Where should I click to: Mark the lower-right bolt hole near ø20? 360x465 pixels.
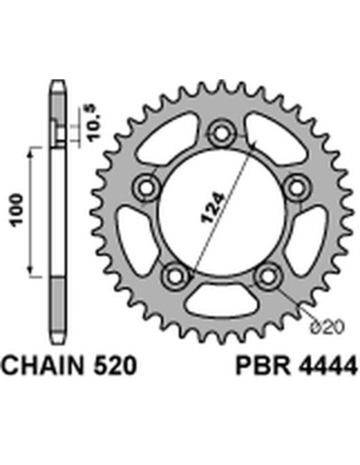(270, 274)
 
